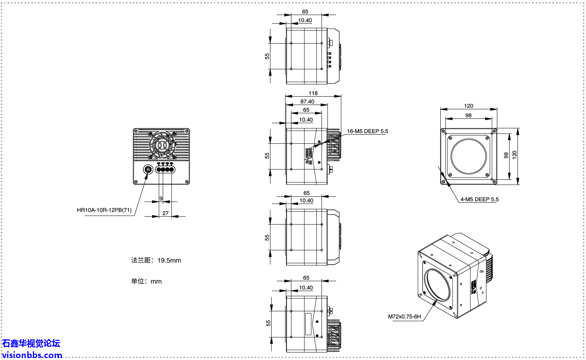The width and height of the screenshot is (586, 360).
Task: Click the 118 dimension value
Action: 313,93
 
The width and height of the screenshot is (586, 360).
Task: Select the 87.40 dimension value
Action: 307,101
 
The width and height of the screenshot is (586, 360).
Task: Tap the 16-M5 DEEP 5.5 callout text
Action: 367,131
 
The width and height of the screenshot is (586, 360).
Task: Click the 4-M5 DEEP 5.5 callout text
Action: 479,199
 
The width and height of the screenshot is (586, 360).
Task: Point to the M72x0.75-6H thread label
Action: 404,316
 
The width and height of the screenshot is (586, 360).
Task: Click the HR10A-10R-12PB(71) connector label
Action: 104,210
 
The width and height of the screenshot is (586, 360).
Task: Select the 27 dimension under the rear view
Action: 166,213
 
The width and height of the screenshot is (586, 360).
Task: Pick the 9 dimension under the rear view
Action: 161,198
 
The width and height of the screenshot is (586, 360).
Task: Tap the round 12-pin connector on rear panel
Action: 148,170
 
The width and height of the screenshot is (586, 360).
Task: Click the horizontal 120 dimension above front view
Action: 468,106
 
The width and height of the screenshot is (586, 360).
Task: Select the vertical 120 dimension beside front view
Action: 514,154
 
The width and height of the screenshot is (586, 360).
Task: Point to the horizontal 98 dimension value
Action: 468,115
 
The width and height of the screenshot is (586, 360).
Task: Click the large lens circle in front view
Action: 468,156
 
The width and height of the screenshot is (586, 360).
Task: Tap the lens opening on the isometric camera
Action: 437,285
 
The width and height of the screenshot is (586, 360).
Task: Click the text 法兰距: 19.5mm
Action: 156,260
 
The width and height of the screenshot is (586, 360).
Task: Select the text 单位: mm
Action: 146,281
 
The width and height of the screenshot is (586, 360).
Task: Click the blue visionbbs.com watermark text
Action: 32,355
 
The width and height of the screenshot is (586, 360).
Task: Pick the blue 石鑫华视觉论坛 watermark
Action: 31,343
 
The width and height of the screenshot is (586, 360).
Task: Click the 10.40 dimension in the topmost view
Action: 305,20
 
